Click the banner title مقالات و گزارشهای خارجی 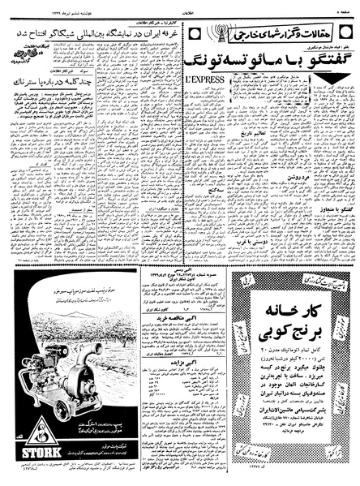click(x=261, y=37)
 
